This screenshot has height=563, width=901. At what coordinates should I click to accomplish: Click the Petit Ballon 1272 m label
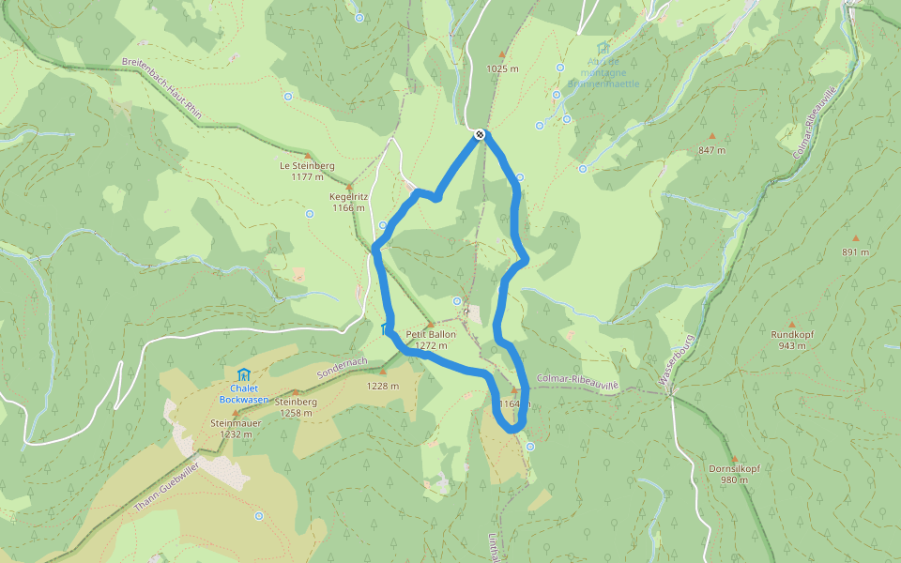pos(431,340)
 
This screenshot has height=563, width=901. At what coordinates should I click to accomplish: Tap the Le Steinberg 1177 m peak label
pos(307,171)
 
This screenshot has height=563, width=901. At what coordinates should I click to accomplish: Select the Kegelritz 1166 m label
pos(347,202)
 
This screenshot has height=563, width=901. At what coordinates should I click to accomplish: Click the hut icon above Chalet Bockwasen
pos(244,373)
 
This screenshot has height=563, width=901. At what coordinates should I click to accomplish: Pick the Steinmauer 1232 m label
pos(236,428)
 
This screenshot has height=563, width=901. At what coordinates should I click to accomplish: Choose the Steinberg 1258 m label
pos(296,407)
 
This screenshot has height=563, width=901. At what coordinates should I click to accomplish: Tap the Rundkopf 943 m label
pos(790,340)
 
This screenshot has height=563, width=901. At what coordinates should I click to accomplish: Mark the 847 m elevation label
pos(712,150)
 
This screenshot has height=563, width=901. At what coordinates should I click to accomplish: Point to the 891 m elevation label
pos(855,251)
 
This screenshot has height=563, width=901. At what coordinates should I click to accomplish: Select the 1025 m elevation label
pos(502,68)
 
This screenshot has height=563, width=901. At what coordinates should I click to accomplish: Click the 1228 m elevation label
pos(383,386)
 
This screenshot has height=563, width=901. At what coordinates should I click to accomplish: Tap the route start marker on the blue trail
pos(480,134)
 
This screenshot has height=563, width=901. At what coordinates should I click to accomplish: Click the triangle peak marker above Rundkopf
pos(790,323)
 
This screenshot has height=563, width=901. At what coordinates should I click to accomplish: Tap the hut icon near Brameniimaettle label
pos(603,48)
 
